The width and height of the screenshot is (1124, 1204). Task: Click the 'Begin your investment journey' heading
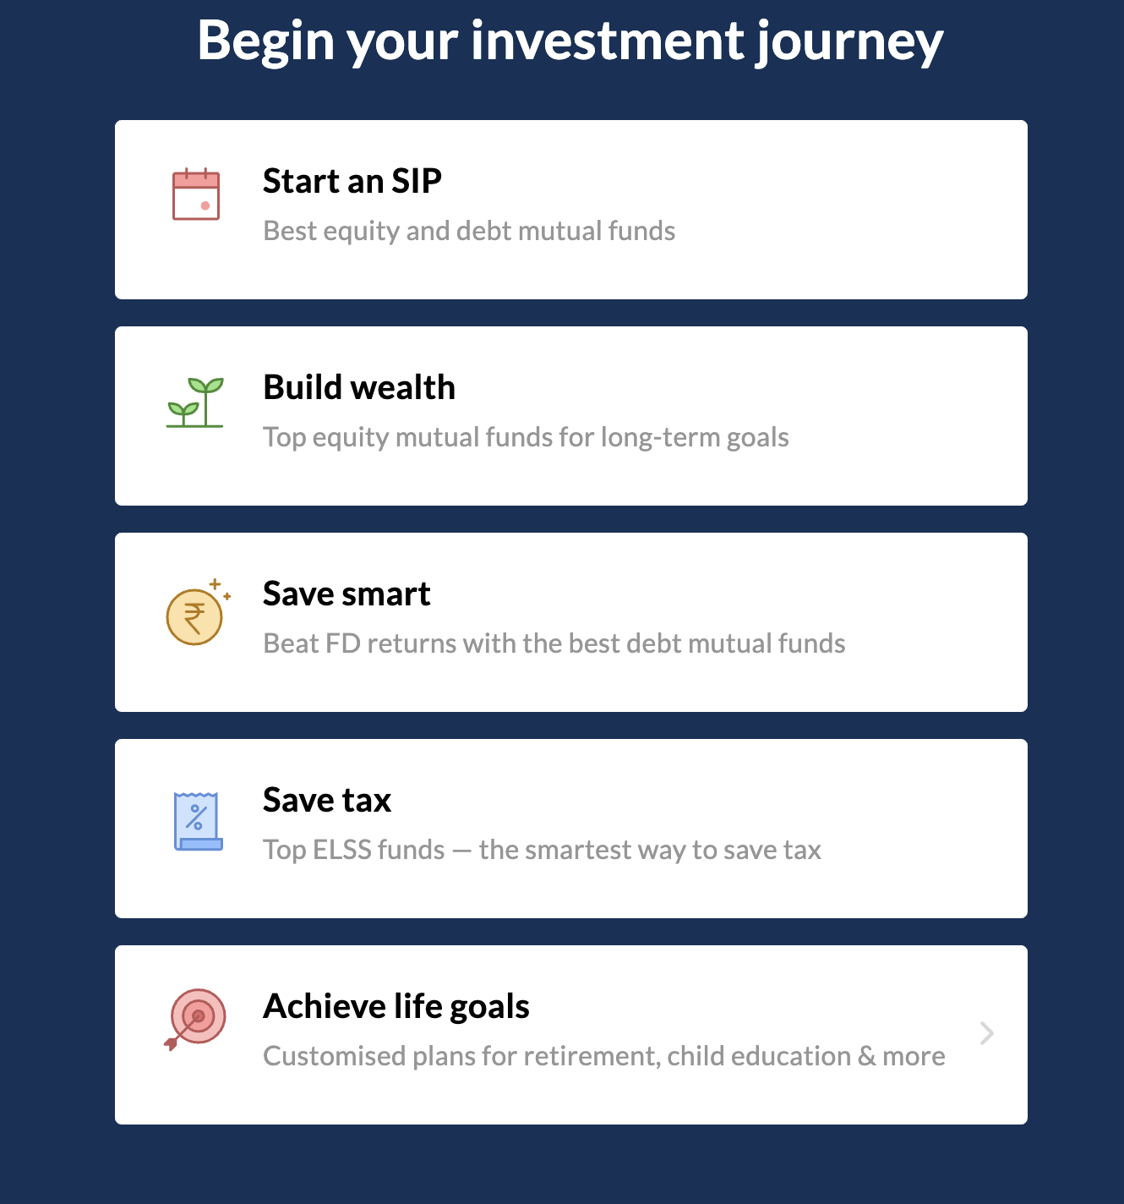click(x=570, y=42)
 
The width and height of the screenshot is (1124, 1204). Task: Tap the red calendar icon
click(x=196, y=194)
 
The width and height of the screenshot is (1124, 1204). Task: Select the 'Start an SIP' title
click(x=352, y=181)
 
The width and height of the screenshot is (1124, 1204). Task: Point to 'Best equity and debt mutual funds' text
click(x=469, y=231)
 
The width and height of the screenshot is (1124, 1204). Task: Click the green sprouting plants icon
click(x=195, y=402)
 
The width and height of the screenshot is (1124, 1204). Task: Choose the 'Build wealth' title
click(x=359, y=386)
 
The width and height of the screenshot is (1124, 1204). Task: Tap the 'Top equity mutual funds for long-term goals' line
click(x=526, y=437)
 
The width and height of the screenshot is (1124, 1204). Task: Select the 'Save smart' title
click(x=346, y=594)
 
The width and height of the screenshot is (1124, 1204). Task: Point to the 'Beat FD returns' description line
click(x=554, y=643)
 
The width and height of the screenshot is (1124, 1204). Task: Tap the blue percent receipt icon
click(x=199, y=821)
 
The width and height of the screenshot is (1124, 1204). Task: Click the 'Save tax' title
click(x=327, y=800)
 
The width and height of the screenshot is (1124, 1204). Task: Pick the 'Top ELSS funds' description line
click(x=542, y=850)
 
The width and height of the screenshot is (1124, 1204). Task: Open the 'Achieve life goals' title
click(x=396, y=1007)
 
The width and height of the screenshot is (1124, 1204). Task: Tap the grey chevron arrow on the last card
click(x=986, y=1033)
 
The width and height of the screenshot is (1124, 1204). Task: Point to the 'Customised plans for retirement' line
click(x=603, y=1056)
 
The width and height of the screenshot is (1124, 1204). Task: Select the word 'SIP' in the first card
click(x=417, y=181)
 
